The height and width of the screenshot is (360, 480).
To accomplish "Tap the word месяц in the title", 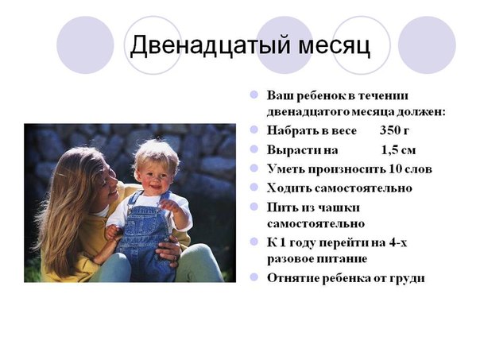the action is click(334, 46).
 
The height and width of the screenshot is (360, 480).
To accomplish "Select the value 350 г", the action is click(394, 130).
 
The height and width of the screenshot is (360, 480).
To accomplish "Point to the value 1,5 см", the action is click(399, 150).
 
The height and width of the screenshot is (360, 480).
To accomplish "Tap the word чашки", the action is click(340, 208).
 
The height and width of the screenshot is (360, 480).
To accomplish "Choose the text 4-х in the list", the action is click(398, 242).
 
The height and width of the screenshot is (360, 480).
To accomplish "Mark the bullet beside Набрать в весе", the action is click(254, 130).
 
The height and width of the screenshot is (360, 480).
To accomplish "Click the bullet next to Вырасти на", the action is click(254, 149).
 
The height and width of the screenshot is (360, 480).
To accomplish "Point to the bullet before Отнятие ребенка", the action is click(254, 277).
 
